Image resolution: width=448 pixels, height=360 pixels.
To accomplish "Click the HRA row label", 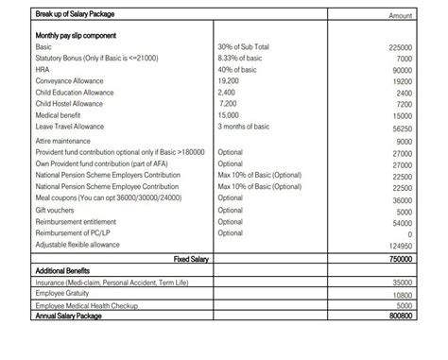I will (43, 69).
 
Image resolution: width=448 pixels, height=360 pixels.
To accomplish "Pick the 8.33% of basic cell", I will (240, 58).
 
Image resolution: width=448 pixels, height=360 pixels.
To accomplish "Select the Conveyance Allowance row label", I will (71, 80).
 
